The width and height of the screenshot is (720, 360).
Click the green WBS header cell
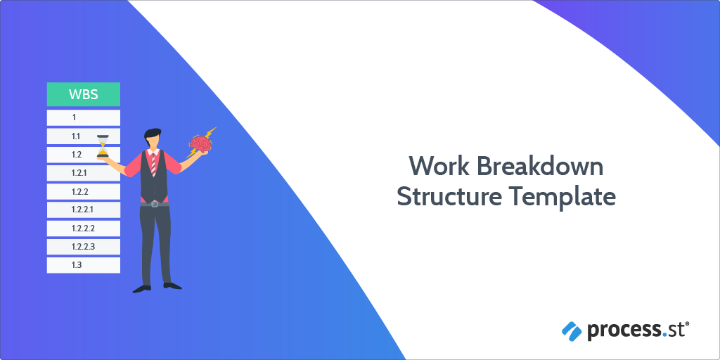tap(84, 95)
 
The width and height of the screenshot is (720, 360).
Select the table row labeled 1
tap(84, 117)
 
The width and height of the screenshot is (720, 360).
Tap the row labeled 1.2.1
tap(84, 173)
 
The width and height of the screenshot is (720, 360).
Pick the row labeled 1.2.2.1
tap(84, 210)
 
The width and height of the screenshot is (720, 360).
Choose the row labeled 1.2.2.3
tap(84, 247)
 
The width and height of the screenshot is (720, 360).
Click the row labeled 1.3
tap(84, 265)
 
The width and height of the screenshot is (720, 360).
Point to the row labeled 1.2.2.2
tap(84, 229)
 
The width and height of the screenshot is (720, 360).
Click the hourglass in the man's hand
tap(103, 146)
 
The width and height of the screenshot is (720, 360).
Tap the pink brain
tap(200, 144)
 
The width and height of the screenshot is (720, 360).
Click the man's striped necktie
tap(153, 162)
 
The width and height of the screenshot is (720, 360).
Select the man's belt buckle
tap(154, 203)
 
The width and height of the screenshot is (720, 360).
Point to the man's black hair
tap(153, 135)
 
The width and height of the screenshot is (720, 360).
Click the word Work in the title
tap(437, 165)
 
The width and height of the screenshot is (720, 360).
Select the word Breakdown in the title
tap(539, 165)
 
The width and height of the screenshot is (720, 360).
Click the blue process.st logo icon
tap(572, 331)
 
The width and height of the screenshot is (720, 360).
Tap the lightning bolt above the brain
tap(209, 133)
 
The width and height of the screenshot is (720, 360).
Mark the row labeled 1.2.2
tap(84, 191)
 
